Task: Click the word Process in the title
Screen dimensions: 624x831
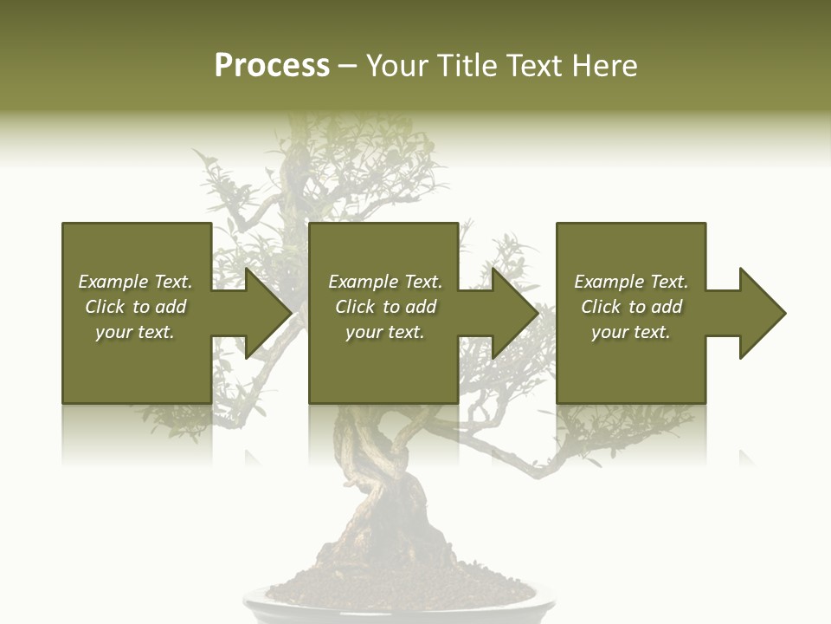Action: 272,66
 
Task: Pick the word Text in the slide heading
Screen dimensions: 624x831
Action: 533,66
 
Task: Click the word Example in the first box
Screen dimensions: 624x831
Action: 113,282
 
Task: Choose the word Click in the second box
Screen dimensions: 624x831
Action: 355,307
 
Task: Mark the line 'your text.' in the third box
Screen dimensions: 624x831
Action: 630,332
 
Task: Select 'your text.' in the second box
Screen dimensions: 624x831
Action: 384,332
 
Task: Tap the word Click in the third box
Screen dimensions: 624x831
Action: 601,307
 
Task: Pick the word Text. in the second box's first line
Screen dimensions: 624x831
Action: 422,282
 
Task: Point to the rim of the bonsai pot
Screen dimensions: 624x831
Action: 390,603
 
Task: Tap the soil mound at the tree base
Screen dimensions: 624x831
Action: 390,576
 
